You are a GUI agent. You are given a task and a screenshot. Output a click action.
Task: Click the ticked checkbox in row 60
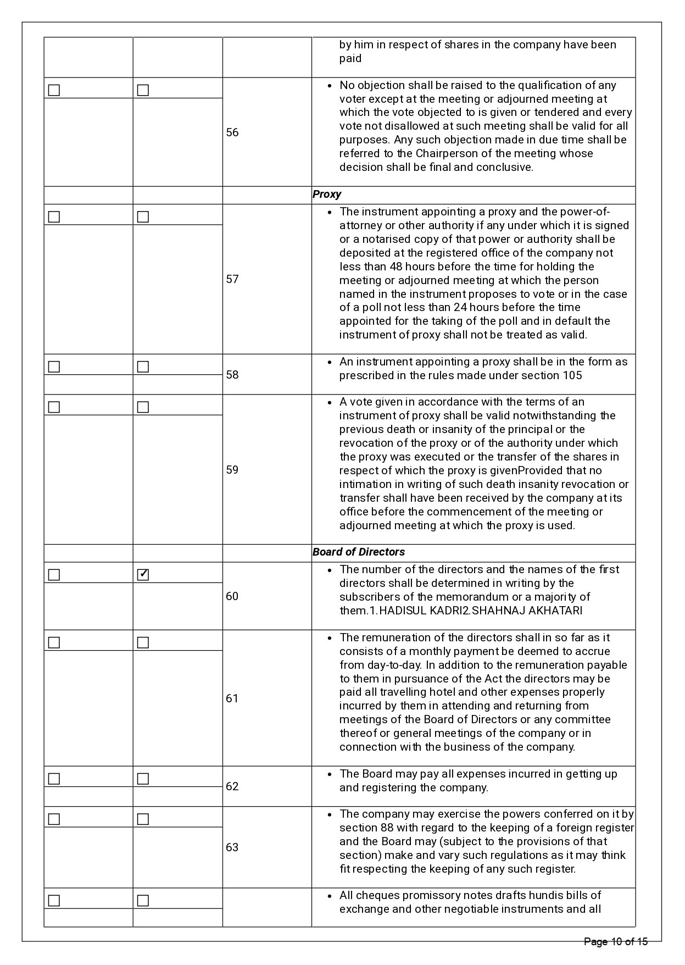tap(143, 575)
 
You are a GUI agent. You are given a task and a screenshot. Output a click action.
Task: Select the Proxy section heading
tap(327, 195)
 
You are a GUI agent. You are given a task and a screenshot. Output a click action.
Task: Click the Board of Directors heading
tap(358, 552)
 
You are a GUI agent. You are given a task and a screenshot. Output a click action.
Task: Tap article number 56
tap(232, 132)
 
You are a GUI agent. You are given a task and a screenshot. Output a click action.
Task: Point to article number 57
tap(232, 279)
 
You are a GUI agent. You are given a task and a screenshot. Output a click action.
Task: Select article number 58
tap(232, 375)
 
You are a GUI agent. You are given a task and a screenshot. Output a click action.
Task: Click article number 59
tap(232, 470)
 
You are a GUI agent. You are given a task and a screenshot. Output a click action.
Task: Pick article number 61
tap(232, 698)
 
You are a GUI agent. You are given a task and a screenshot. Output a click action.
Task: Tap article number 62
tap(232, 786)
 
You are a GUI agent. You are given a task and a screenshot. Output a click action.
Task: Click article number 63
tap(232, 847)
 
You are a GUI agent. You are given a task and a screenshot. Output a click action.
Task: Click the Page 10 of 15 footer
tap(616, 942)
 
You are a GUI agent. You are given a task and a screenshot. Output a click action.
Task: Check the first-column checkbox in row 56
tap(54, 90)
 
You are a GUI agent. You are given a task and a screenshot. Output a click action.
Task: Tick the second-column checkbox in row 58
tap(143, 367)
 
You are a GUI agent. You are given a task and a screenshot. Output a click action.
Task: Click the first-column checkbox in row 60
tap(54, 575)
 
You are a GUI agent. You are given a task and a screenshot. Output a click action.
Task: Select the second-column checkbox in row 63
tap(143, 819)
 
